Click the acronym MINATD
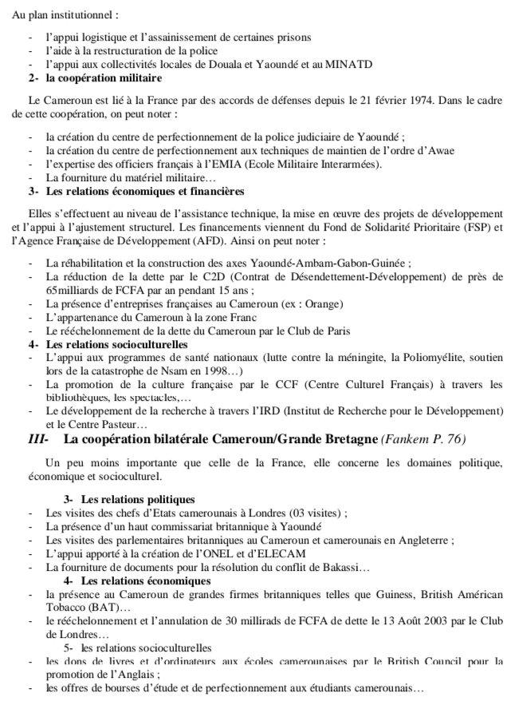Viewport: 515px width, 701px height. [347, 63]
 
